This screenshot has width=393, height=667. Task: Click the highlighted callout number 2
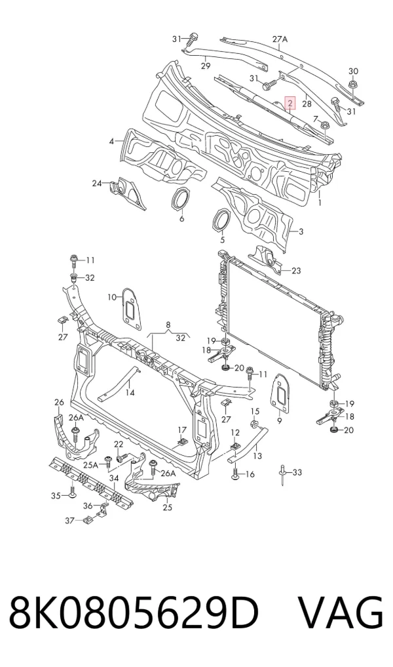[x=290, y=103]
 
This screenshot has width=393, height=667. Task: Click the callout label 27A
[x=280, y=39]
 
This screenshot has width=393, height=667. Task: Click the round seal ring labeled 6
[x=180, y=198]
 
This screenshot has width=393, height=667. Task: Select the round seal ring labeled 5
[x=221, y=220]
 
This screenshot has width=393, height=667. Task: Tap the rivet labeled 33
[x=282, y=474]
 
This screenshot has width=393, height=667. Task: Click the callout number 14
[x=130, y=392]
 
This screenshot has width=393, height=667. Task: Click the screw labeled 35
[x=72, y=492]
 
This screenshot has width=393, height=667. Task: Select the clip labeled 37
[x=86, y=519]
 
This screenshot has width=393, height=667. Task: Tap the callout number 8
[x=168, y=325]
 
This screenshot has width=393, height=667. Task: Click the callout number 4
[x=111, y=141]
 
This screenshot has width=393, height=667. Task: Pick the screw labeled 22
[x=122, y=458]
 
